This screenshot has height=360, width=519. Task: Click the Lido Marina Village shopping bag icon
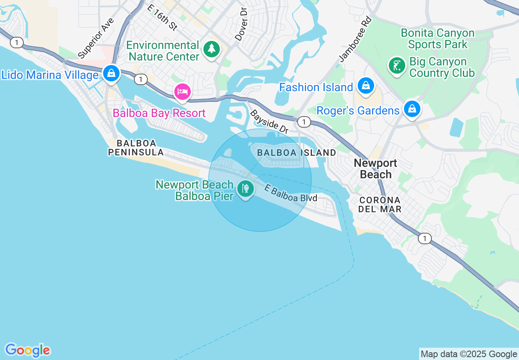(x=111, y=74)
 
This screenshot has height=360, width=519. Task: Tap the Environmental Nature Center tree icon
(x=212, y=49)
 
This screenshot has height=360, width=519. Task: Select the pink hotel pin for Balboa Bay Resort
(x=183, y=91)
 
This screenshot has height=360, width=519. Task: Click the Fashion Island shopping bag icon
(x=366, y=85)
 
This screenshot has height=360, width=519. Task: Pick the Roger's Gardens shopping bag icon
(x=412, y=109)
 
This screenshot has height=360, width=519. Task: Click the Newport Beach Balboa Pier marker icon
(x=245, y=189)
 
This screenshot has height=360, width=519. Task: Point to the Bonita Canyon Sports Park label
(x=438, y=38)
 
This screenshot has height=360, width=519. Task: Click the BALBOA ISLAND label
(x=297, y=153)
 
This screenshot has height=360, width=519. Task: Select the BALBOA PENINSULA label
(x=136, y=148)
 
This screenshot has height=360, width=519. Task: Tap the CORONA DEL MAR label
(x=380, y=205)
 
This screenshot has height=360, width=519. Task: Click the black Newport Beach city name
(x=375, y=169)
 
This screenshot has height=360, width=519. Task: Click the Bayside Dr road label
(x=269, y=122)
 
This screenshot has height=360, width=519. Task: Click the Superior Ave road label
(x=95, y=38)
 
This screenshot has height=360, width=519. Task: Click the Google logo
(x=27, y=350)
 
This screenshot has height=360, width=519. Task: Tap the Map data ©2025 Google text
(x=469, y=354)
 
